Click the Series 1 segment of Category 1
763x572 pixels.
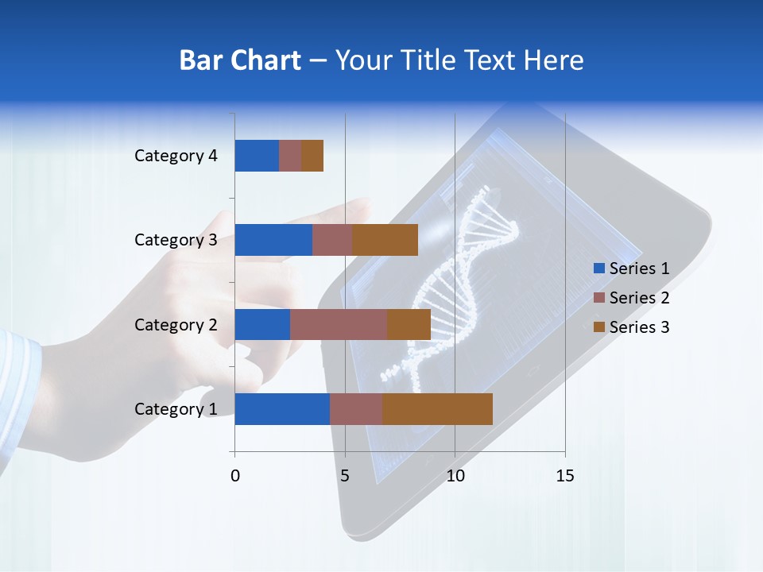(x=282, y=409)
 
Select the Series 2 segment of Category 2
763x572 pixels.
(x=339, y=325)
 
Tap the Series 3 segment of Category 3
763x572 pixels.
(x=385, y=240)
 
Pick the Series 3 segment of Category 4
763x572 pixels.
(x=312, y=156)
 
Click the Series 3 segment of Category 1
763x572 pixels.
(x=437, y=409)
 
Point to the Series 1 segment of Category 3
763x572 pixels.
(x=273, y=240)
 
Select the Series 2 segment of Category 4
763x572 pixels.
(x=290, y=156)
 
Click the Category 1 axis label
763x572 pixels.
(x=176, y=409)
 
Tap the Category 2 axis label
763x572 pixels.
(x=176, y=325)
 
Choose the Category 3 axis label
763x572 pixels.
(x=176, y=240)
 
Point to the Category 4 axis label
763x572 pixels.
(x=176, y=156)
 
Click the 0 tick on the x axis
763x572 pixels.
(x=235, y=476)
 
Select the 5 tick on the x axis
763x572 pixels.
(x=345, y=476)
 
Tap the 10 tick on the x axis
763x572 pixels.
(x=455, y=476)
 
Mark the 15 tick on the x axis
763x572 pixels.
(x=565, y=476)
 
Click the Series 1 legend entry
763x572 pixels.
(x=632, y=269)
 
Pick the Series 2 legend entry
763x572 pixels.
(x=632, y=298)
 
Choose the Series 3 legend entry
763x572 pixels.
(x=632, y=327)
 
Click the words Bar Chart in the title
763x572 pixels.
(x=240, y=60)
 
